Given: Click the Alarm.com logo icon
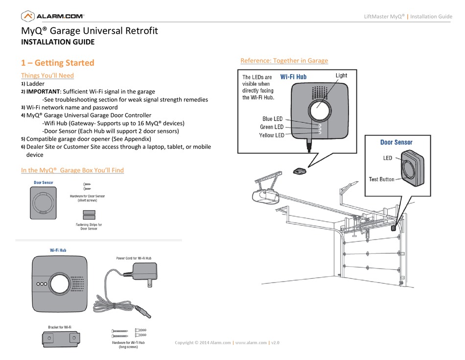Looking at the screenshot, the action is [28, 16].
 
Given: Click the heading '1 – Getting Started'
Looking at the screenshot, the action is [58, 63].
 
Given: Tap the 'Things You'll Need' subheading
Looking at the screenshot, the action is [47, 75].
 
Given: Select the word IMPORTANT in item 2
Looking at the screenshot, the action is [43, 92].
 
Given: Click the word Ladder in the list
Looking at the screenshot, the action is [35, 84].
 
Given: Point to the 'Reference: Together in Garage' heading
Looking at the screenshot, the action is [284, 61].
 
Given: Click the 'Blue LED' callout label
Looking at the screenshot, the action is [272, 119].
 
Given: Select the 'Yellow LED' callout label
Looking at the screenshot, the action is [272, 135].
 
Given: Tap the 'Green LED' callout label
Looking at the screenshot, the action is [272, 127].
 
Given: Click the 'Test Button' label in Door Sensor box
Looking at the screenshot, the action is [381, 179].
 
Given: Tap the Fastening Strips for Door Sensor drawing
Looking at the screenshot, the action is [89, 215].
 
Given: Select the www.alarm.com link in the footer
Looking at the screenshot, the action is [251, 342].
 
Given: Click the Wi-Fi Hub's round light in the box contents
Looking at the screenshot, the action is [60, 284].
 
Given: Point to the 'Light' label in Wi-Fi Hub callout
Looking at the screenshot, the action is [341, 75].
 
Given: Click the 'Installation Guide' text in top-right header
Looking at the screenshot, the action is [431, 17].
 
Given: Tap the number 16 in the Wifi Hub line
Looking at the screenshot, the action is [141, 123].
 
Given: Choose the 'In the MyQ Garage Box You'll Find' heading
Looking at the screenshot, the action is [72, 170].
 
